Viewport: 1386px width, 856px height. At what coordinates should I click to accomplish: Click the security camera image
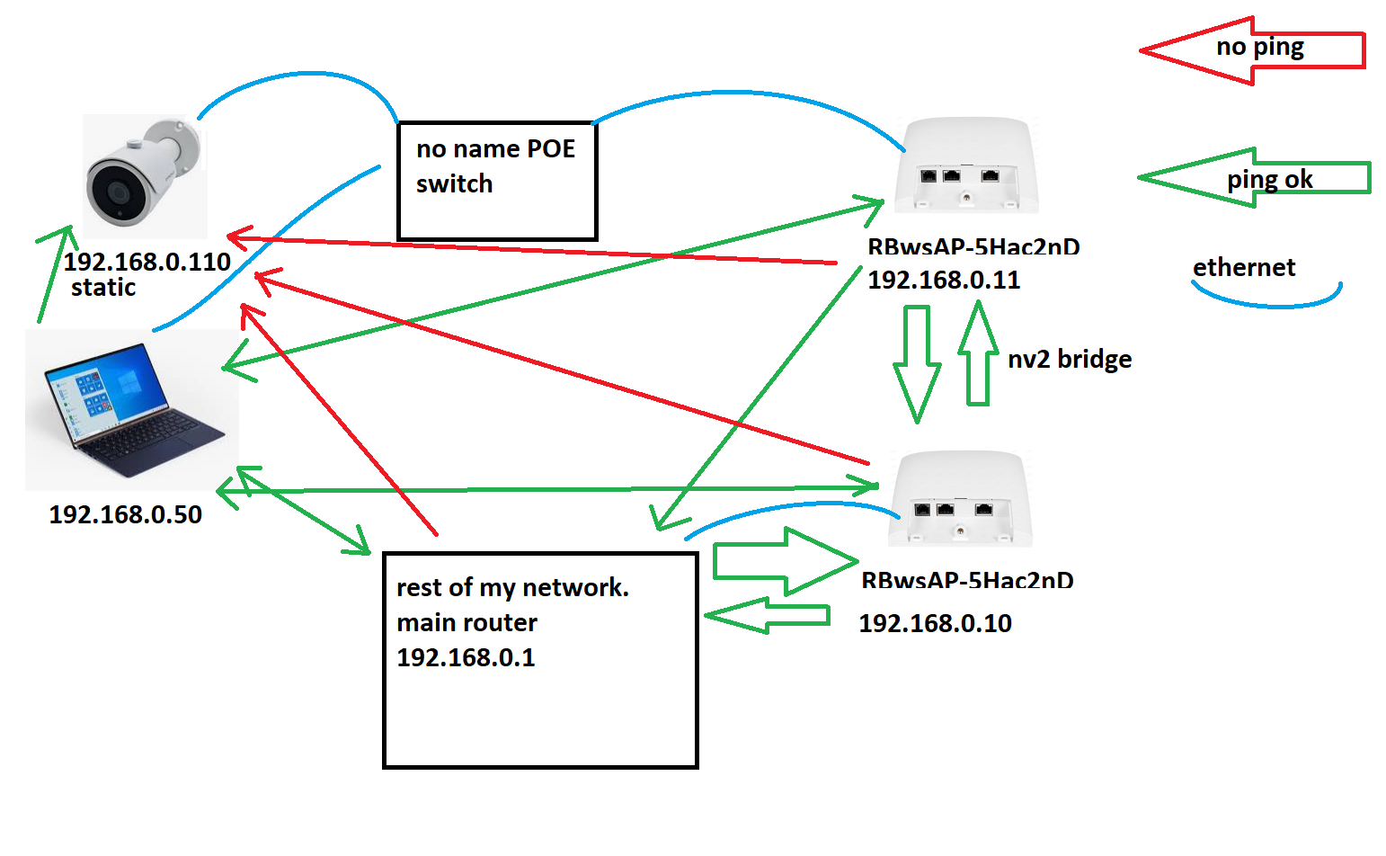coord(144,175)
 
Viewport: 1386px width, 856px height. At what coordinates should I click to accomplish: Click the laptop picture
coord(130,409)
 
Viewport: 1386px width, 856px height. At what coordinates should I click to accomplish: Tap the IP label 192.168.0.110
coord(147,262)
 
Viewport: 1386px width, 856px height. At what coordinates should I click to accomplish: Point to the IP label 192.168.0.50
coord(125,514)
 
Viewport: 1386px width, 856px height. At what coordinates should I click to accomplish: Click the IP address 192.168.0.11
coord(944,280)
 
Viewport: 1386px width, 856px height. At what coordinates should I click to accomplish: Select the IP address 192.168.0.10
coord(935,623)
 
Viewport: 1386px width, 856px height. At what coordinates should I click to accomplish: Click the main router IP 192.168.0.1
coord(466,657)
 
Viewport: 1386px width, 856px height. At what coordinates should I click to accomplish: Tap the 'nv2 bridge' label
coord(1070,360)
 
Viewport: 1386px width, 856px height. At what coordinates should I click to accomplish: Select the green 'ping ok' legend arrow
coord(1254,178)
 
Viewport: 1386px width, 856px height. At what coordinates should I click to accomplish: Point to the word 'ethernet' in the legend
coord(1244,267)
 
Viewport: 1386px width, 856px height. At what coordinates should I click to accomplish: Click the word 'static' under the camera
coord(103,288)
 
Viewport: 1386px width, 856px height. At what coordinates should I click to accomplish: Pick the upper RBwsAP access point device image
coord(966,166)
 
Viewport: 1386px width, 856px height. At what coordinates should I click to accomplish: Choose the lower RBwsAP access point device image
coord(960,499)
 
